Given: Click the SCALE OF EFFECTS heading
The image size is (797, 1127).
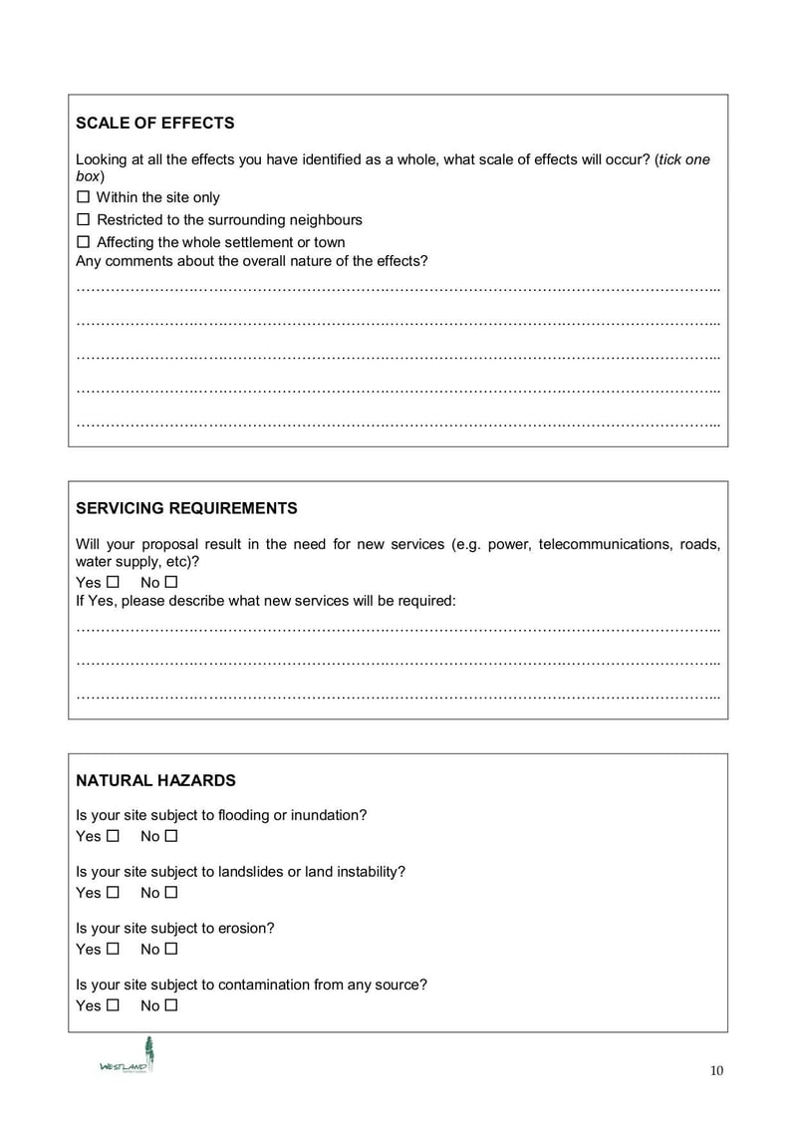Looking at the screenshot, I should (155, 124).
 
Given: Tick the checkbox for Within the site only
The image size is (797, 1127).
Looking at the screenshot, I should (84, 197).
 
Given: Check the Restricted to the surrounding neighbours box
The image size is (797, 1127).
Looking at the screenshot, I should (84, 219).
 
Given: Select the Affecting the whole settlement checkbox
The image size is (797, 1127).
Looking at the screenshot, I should (84, 242).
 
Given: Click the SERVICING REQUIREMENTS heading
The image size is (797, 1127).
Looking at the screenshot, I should (186, 508).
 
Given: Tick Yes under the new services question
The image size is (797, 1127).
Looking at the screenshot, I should (113, 582).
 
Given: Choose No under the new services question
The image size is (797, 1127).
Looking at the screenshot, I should (171, 582).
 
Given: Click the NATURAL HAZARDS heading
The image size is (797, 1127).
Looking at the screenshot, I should (155, 780).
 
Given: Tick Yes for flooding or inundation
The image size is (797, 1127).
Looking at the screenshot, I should (113, 836).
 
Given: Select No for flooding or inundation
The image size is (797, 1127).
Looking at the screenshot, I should (171, 836).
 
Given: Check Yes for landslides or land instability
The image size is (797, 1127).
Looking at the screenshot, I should (113, 893).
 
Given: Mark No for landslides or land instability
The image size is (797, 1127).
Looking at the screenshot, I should (171, 893).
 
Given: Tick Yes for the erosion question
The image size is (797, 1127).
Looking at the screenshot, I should (113, 950).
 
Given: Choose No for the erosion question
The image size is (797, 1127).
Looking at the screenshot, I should (171, 950).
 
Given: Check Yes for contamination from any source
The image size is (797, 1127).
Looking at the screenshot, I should (113, 1005).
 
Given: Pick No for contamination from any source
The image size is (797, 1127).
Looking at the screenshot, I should (171, 1005).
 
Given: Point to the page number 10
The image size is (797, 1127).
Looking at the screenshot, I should (717, 1071).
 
